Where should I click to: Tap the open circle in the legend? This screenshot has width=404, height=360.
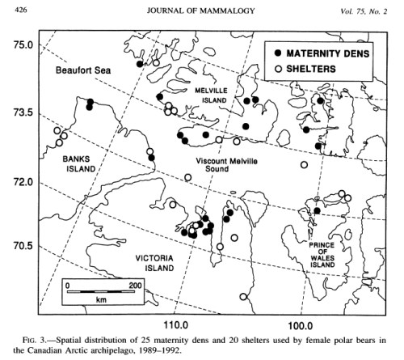(279, 70)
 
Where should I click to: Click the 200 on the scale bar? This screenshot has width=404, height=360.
(134, 286)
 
